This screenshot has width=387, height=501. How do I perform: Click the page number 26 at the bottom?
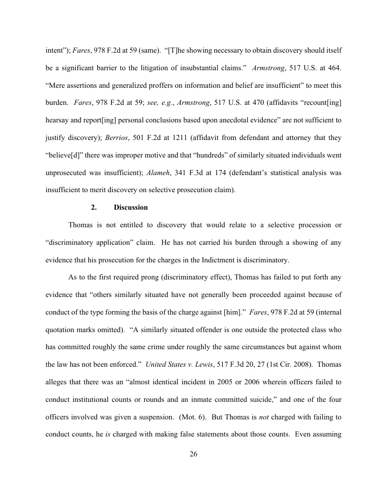point(193,454)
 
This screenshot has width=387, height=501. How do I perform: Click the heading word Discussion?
point(130,207)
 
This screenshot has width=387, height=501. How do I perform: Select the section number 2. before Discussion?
point(94,207)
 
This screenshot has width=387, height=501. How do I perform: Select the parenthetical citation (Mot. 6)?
point(191,417)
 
